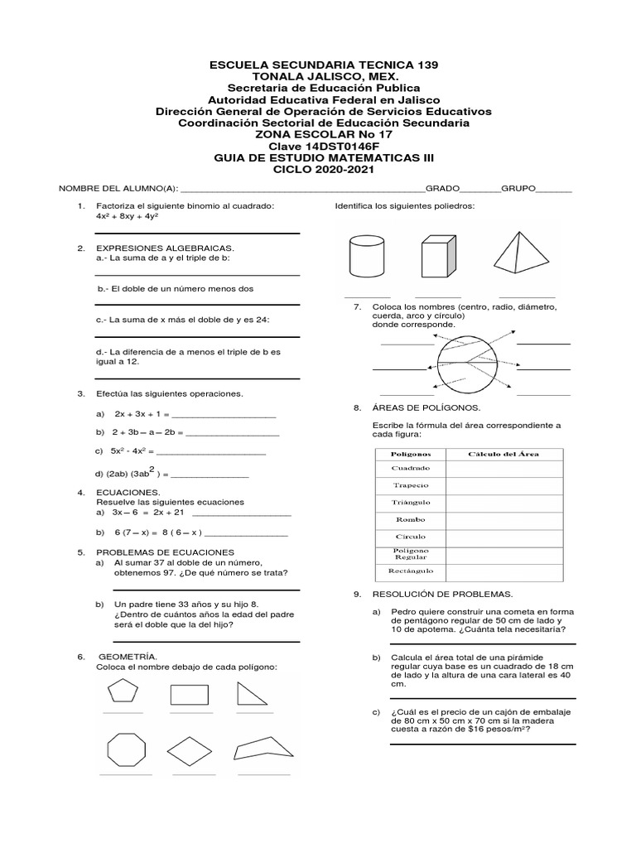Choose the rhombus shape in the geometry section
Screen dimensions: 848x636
pyautogui.click(x=191, y=752)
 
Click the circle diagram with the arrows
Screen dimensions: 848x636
pyautogui.click(x=469, y=367)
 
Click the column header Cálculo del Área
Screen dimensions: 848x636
pyautogui.click(x=503, y=454)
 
